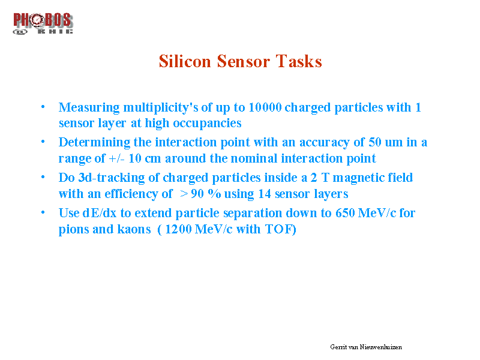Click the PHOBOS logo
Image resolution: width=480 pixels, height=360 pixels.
coord(43,23)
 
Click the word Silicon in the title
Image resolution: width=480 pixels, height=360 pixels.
coord(185,61)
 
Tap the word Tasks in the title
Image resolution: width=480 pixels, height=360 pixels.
coord(299,61)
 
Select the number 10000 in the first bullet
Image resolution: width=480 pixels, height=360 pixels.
coord(265,107)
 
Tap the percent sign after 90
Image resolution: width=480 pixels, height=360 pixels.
coord(214,194)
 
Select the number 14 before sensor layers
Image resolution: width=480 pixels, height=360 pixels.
coord(265,194)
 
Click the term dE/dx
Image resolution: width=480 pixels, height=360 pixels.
coord(100,213)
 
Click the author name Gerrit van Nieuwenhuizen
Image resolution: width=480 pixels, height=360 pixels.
coord(366,347)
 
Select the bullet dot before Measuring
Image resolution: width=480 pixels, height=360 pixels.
coord(43,107)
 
